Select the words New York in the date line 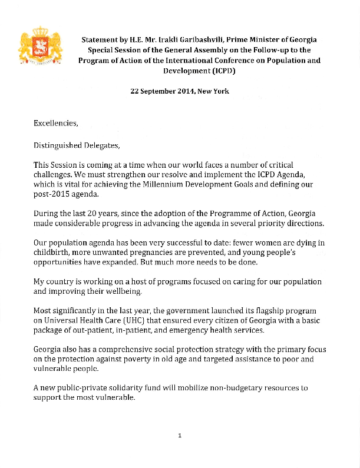click(213, 91)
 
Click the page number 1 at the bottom click(180, 436)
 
